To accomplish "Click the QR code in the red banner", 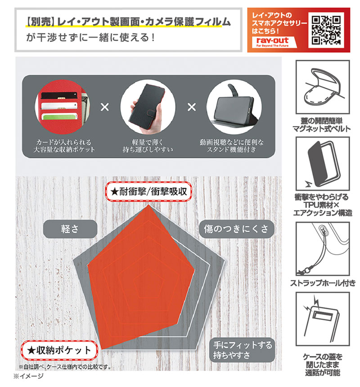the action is click(x=326, y=30).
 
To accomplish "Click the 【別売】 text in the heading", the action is click(x=40, y=22).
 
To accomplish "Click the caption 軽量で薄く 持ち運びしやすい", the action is click(x=148, y=146).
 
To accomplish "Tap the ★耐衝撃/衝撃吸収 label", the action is click(x=148, y=192).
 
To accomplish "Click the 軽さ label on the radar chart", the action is click(x=70, y=229).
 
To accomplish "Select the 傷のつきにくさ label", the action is click(x=236, y=229).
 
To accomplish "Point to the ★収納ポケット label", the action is click(x=59, y=350).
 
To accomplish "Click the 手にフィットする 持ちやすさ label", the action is click(x=242, y=350).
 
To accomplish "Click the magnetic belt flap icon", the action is click(x=323, y=87).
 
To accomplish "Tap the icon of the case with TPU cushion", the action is click(x=323, y=163).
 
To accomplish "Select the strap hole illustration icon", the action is click(x=323, y=248).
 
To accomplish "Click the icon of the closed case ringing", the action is click(x=323, y=319).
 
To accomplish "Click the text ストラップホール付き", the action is click(x=323, y=283).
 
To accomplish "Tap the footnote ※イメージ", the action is click(x=28, y=376).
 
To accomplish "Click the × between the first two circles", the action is click(x=105, y=107).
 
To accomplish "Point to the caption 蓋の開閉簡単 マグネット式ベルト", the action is click(x=322, y=125).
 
